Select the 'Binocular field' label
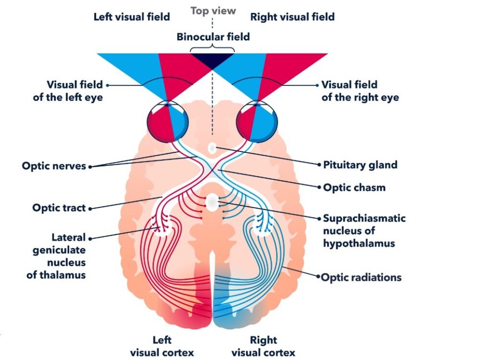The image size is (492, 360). click(x=213, y=37)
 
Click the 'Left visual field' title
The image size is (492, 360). click(x=132, y=17)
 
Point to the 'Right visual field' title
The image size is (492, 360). click(x=292, y=17)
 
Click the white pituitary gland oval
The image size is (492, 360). click(x=212, y=149)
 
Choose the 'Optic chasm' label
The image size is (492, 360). click(x=354, y=187)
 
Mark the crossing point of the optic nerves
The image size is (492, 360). click(x=212, y=170)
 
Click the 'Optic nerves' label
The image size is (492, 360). click(x=54, y=166)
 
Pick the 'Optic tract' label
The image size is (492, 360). click(x=59, y=208)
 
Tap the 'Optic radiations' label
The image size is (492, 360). click(x=361, y=277)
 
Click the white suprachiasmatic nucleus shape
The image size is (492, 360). click(x=212, y=202)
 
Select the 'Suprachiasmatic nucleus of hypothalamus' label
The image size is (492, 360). click(x=364, y=231)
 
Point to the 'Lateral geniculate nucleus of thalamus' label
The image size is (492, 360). click(x=56, y=256)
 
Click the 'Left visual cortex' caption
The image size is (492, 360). click(x=162, y=347)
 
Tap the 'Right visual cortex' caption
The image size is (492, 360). click(x=263, y=347)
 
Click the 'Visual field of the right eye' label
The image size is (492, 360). click(x=360, y=91)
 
